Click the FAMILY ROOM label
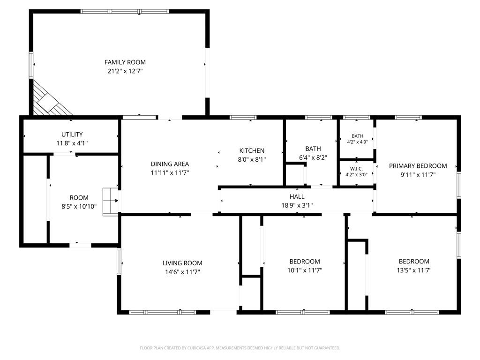(x=125, y=62)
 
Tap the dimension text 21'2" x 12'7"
(x=125, y=71)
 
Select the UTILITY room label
(x=72, y=135)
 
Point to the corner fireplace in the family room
(x=49, y=99)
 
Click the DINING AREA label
(x=170, y=164)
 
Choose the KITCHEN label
(x=252, y=150)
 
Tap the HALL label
(x=297, y=196)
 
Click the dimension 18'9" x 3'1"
(x=297, y=205)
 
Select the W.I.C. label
(x=357, y=169)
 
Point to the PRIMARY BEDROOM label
(x=418, y=166)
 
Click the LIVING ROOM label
(x=182, y=263)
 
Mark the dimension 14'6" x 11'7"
(x=182, y=272)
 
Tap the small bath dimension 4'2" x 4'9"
(x=357, y=142)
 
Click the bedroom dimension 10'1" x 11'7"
(x=305, y=270)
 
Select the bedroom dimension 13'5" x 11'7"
(x=414, y=270)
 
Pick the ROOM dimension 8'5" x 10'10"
(x=79, y=207)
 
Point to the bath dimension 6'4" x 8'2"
(x=313, y=157)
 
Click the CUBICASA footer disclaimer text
(x=240, y=348)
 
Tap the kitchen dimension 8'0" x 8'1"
(x=252, y=159)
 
